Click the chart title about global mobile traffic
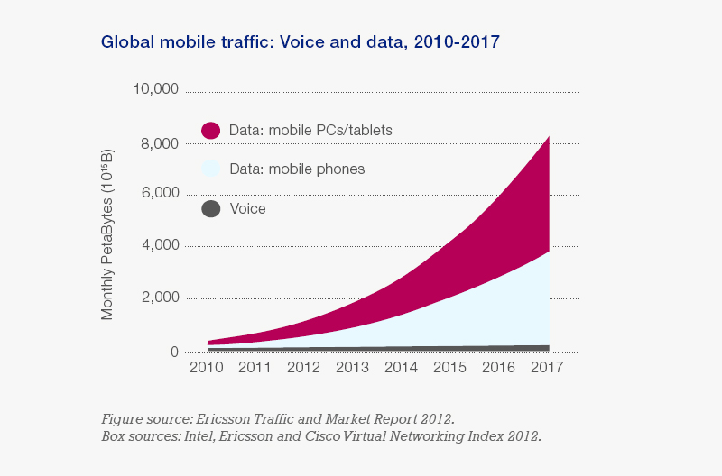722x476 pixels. tap(301, 41)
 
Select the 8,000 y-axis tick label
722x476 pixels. tap(158, 142)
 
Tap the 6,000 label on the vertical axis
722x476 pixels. tap(158, 194)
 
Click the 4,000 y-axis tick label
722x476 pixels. tap(158, 246)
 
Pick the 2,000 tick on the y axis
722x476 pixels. tap(158, 298)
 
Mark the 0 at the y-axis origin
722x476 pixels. tap(174, 351)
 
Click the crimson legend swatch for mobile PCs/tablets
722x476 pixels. tap(210, 131)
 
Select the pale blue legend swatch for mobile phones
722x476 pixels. tap(210, 169)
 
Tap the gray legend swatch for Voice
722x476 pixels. tap(210, 209)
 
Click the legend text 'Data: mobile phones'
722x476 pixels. tap(297, 169)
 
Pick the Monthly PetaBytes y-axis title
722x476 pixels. tap(107, 237)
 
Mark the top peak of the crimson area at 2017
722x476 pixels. tap(549, 137)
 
